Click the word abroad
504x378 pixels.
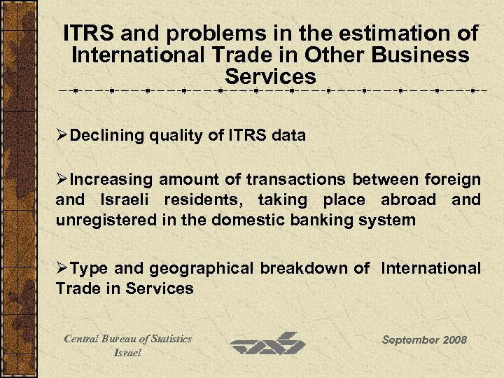click(x=409, y=200)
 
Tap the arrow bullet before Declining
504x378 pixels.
click(x=62, y=135)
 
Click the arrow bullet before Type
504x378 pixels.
click(x=62, y=268)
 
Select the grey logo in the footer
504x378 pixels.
click(x=268, y=344)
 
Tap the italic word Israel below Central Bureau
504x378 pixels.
click(x=127, y=353)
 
